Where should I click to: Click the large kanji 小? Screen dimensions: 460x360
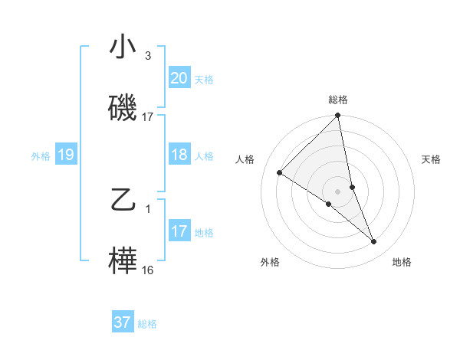click(123, 47)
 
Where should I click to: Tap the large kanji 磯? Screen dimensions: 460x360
click(123, 108)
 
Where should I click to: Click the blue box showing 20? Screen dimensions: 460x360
click(179, 78)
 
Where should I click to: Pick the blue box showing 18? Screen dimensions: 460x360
click(179, 155)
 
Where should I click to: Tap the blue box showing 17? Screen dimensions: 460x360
click(179, 231)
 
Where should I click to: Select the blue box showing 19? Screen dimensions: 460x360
click(66, 155)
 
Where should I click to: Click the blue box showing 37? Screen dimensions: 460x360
click(123, 322)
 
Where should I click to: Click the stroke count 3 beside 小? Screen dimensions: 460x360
click(148, 56)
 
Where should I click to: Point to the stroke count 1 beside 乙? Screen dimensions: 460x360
click(148, 209)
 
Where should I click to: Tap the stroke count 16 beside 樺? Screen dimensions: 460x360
click(148, 270)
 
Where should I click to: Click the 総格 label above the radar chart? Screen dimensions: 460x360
click(338, 100)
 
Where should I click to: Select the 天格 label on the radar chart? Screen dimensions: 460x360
click(432, 159)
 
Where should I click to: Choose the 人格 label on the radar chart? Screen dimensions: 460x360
click(245, 159)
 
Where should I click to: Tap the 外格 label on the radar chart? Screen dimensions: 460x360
click(269, 262)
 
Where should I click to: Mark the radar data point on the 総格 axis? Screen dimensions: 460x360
click(338, 116)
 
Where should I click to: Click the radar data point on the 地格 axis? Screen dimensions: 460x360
click(374, 241)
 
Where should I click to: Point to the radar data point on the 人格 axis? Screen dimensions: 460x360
click(280, 173)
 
